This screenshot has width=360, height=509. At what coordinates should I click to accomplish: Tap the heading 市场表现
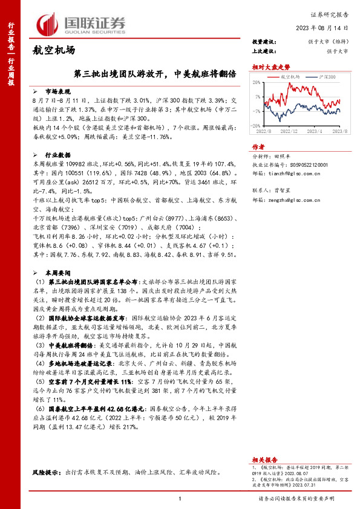click(57, 89)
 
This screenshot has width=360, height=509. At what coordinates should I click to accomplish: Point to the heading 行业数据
click(57, 155)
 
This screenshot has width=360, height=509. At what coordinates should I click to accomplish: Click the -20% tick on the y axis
click(255, 125)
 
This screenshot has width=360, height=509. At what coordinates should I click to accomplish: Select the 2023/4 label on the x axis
click(315, 130)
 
